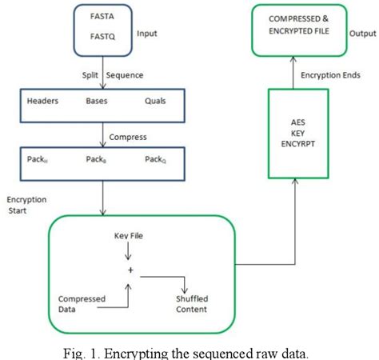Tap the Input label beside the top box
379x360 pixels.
tap(149, 34)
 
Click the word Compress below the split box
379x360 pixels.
tap(129, 137)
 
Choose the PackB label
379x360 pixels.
tap(98, 158)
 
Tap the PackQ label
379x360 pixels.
tap(156, 158)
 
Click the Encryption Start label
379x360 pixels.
tap(26, 204)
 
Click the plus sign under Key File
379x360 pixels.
tap(128, 271)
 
